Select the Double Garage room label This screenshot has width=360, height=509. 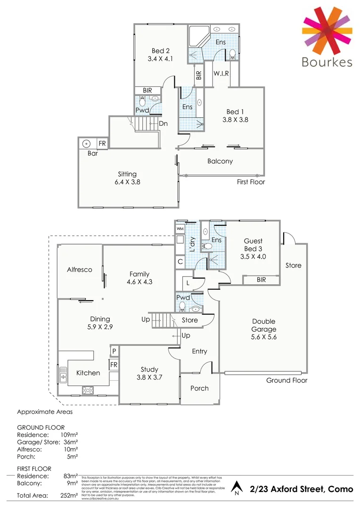[x=263, y=325]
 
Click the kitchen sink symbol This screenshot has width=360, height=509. [x=63, y=375]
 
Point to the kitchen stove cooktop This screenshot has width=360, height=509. [x=88, y=390]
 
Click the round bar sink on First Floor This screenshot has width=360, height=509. [x=86, y=144]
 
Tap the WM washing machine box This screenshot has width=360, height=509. [x=180, y=229]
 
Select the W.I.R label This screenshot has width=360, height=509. [x=221, y=74]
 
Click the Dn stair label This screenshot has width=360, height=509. [x=164, y=123]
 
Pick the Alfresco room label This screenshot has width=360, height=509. [x=79, y=270]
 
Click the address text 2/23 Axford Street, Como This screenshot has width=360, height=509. [x=302, y=489]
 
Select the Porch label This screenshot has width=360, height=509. [x=199, y=388]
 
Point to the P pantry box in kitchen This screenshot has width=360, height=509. [x=114, y=351]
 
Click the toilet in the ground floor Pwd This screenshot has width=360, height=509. [x=182, y=307]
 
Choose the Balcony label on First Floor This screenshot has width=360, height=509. [x=220, y=161]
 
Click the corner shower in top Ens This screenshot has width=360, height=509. [x=196, y=35]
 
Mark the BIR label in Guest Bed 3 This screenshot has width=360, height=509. [x=261, y=279]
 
